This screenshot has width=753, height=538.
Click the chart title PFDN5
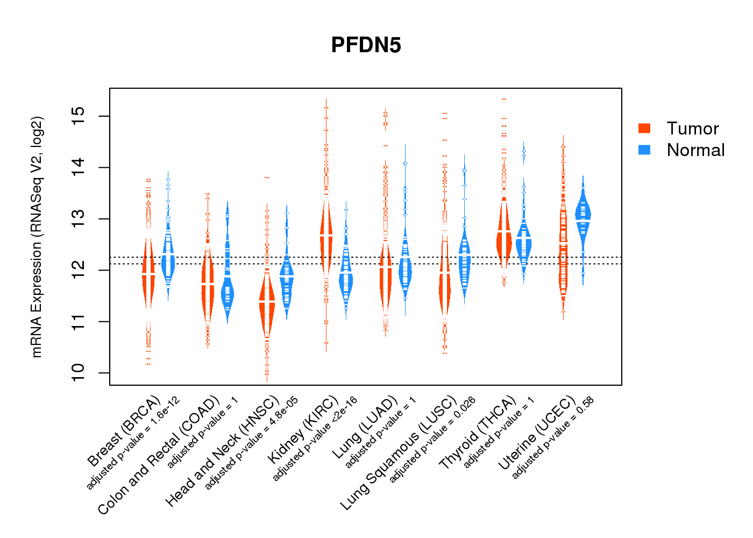366,45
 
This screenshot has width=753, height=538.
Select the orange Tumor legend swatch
644,128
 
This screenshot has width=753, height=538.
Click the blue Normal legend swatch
644,150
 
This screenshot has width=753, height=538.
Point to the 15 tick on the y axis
79,116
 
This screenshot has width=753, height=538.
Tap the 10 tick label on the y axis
79,373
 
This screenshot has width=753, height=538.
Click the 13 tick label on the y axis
79,219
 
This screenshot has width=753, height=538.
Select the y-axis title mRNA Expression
37,237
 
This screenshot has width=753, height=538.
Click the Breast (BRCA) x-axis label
124,431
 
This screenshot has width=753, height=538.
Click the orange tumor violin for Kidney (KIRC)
326,237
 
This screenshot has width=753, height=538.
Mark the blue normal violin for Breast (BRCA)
168,258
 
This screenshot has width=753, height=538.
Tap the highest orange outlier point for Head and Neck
267,178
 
